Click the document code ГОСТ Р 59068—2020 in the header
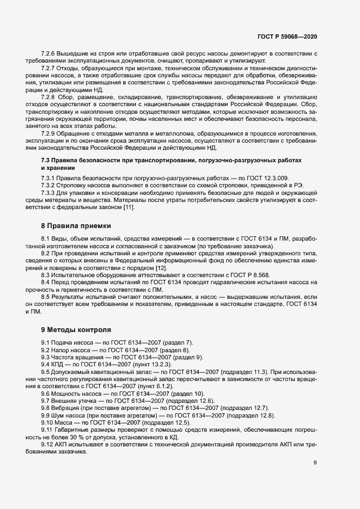pyautogui.click(x=287, y=36)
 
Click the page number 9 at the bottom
pyautogui.click(x=315, y=478)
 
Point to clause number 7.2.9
pyautogui.click(x=50, y=133)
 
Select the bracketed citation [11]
pyautogui.click(x=127, y=207)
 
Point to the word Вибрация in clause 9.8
pyautogui.click(x=69, y=407)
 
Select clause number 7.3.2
pyautogui.click(x=48, y=186)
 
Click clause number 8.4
pyautogui.click(x=46, y=281)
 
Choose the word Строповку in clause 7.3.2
pyautogui.click(x=74, y=186)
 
